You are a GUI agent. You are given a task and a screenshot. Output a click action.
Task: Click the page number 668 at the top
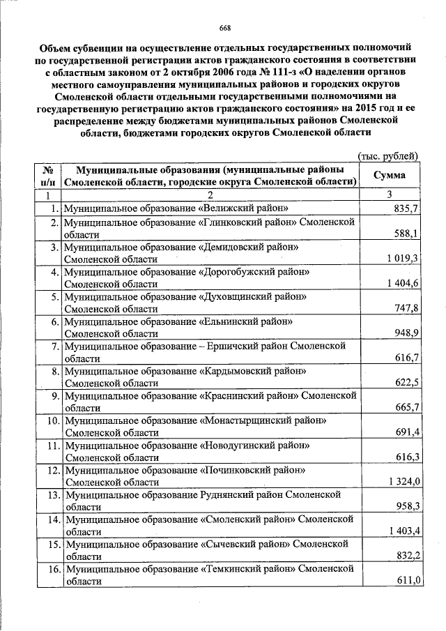224,28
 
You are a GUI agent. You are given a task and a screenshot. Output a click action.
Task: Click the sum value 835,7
406,208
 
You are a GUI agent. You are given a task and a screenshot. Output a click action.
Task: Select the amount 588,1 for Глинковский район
406,234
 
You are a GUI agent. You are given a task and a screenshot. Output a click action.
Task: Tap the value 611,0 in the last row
406,581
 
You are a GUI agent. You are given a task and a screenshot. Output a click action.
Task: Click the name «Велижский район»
244,208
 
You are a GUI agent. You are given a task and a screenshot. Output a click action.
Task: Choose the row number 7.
54,346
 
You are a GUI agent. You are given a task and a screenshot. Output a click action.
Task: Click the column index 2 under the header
208,195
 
